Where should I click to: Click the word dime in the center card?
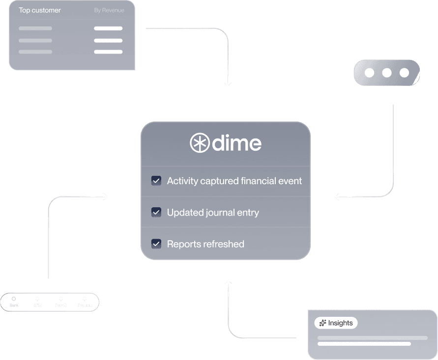[x=236, y=143]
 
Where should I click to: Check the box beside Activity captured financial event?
[x=156, y=181]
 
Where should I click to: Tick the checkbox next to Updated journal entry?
[x=156, y=212]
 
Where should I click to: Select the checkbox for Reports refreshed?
[x=156, y=244]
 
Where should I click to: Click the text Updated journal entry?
[x=212, y=213]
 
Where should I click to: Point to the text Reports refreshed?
[x=205, y=244]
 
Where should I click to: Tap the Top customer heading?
[x=40, y=10]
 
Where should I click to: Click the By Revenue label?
[x=109, y=10]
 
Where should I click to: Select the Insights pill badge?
[x=336, y=323]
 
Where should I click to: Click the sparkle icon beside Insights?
[x=323, y=323]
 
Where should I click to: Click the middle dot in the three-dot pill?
[x=387, y=73]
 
